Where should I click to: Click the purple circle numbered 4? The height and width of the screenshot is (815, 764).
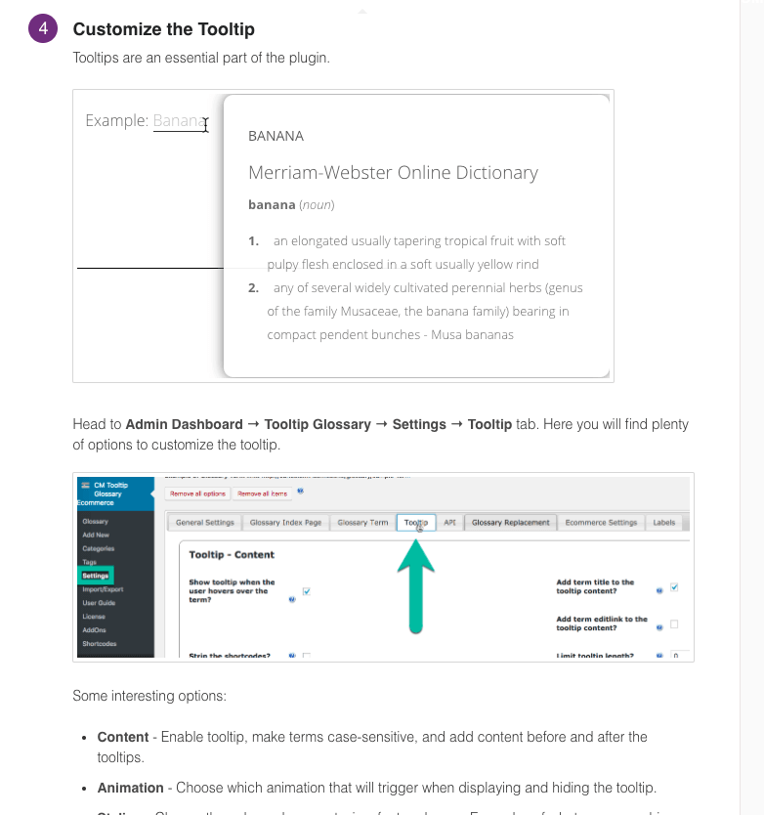pos(43,29)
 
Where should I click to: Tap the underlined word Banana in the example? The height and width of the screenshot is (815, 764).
pos(180,121)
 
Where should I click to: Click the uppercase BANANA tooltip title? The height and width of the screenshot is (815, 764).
pos(276,136)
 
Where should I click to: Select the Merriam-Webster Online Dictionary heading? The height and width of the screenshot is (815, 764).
pos(393,173)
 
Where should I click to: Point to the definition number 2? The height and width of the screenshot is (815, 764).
pos(253,287)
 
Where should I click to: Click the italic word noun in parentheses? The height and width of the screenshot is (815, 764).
pos(317,205)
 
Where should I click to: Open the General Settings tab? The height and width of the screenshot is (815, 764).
pos(205,523)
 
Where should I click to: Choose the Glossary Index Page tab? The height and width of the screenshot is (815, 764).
pos(285,523)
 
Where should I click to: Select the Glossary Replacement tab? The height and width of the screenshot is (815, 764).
pos(511,523)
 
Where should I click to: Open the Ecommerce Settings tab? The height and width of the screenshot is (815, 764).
pos(601,523)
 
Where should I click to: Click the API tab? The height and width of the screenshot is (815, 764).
pos(449,523)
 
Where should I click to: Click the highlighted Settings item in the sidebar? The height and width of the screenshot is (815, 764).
pos(96,576)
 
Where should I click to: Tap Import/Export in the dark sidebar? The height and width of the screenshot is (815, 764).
pos(103,589)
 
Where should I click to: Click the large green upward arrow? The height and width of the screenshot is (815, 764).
pos(416,585)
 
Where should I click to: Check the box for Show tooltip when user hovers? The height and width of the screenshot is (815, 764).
pos(307,591)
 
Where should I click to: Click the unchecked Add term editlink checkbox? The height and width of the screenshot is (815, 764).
pos(674,624)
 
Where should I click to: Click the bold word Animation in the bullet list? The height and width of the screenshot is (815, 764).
pos(130,788)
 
